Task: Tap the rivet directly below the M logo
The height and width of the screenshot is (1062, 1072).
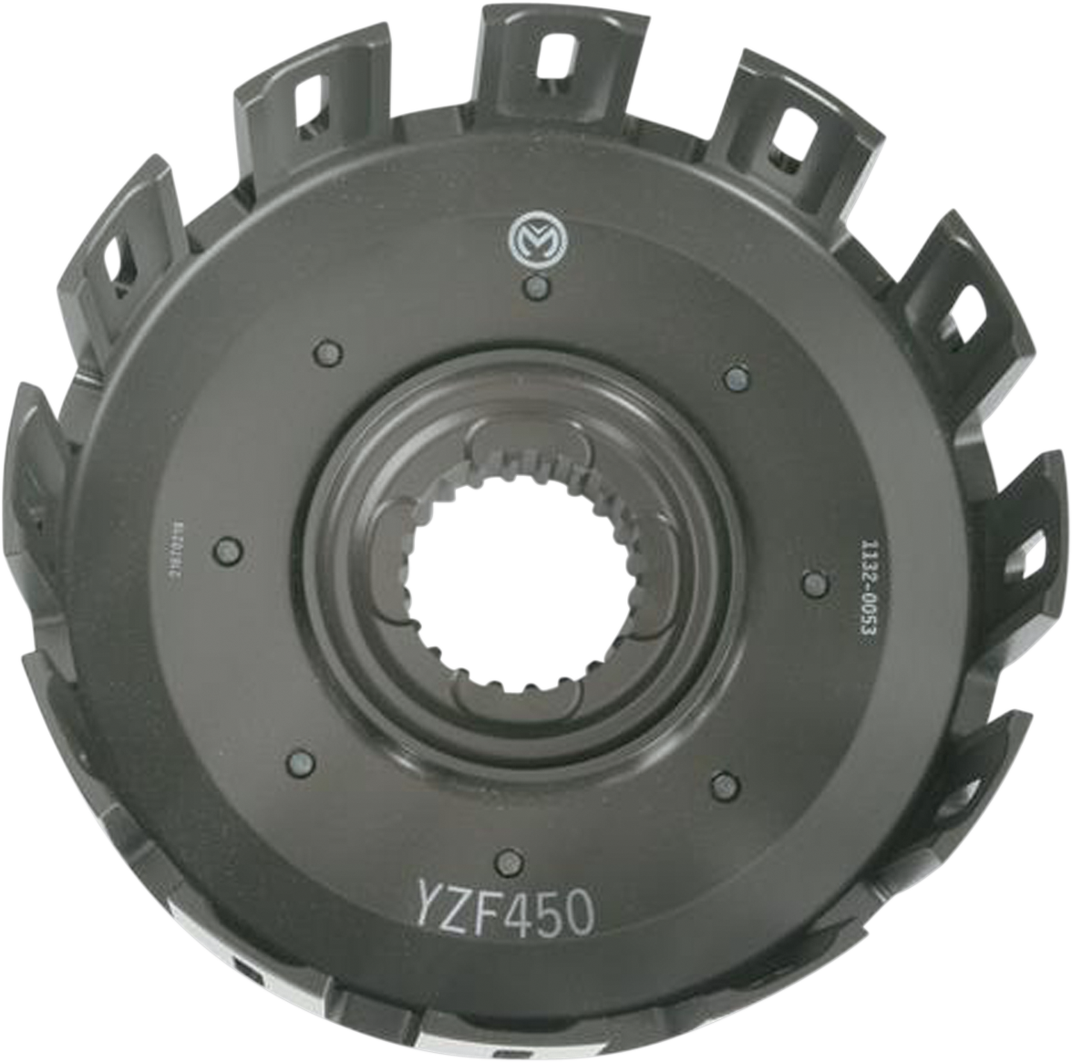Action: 536,290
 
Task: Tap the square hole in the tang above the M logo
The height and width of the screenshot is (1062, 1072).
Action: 552,57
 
